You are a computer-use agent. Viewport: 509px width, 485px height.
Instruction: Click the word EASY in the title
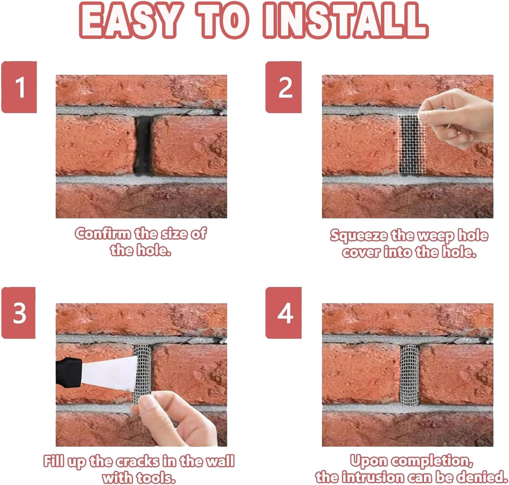click(130, 20)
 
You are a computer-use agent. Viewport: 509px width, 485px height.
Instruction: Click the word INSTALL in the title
click(345, 20)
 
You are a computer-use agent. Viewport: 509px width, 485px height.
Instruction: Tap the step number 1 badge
click(19, 87)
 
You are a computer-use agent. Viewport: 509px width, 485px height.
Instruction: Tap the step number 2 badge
click(284, 87)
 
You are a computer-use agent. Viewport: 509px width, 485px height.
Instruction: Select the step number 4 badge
click(284, 313)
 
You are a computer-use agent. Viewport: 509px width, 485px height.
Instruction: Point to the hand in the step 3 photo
click(177, 419)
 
